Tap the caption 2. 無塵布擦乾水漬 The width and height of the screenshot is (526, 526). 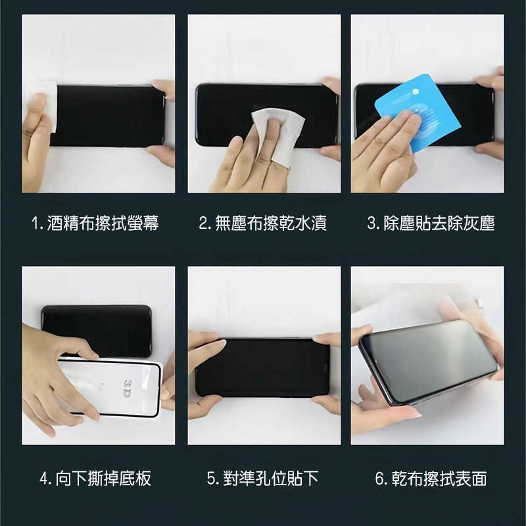point(263,224)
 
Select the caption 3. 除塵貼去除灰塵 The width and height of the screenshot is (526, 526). point(431,224)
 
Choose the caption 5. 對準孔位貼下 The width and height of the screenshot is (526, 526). point(263,478)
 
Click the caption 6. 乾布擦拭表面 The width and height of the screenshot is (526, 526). point(431,478)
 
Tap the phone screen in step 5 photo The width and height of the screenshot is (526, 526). point(263,367)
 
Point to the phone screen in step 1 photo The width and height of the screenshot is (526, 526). point(108,116)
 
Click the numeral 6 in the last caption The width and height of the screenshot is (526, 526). point(379,479)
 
